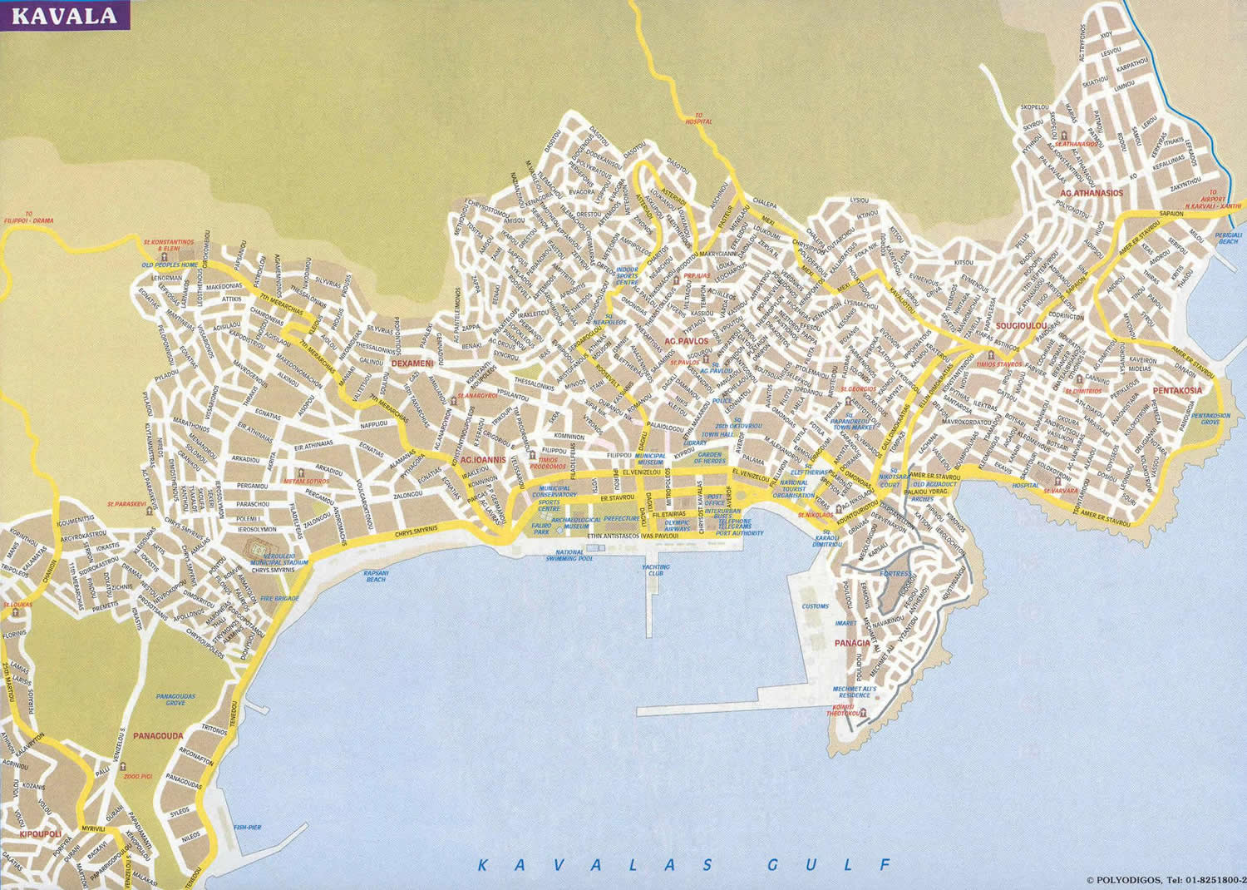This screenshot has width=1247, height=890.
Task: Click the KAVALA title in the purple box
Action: [65, 16]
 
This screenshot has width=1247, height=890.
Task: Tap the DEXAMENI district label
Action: [412, 363]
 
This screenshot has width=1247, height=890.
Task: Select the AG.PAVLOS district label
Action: [687, 341]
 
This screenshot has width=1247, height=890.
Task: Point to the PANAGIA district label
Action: [852, 643]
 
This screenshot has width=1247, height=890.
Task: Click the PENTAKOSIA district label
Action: [1177, 390]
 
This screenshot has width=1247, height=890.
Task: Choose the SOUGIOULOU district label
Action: [1021, 327]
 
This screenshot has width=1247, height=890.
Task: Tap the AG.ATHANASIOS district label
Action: [1091, 193]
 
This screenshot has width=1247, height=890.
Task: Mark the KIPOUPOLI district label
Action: [41, 833]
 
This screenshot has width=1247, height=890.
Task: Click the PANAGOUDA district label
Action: [158, 736]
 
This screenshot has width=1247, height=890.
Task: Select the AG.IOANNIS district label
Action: [483, 459]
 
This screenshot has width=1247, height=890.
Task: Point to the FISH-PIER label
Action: [248, 828]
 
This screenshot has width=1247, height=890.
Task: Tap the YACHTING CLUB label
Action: [655, 570]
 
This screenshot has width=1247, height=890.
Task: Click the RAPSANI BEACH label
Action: [376, 576]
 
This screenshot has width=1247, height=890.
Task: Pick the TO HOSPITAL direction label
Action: [698, 118]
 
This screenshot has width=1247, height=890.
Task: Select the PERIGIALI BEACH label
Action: [1228, 238]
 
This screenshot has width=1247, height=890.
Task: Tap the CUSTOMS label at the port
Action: [816, 606]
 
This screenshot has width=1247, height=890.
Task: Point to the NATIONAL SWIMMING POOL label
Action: [569, 556]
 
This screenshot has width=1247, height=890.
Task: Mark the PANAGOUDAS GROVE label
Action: [175, 700]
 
